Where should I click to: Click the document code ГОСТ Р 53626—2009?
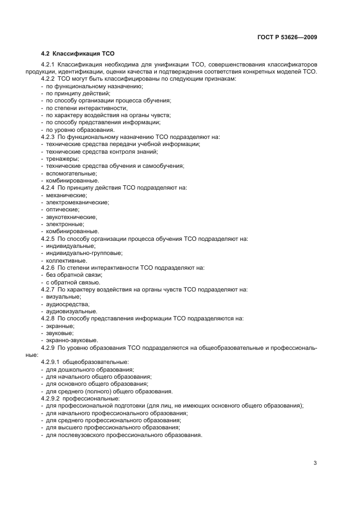(x=286, y=38)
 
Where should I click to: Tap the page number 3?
(x=315, y=463)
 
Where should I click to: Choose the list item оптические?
(x=63, y=209)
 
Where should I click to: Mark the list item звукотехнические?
(x=71, y=216)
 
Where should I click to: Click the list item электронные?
(x=65, y=224)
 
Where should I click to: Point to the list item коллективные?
(x=66, y=260)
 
